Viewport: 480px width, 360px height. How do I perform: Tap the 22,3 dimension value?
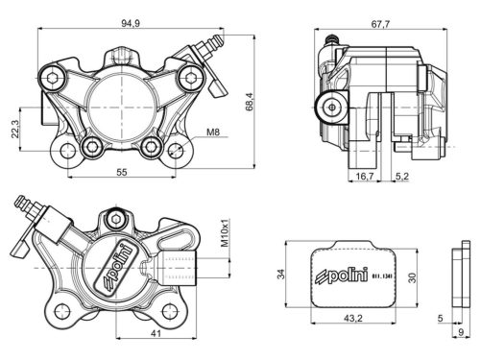point(13,129)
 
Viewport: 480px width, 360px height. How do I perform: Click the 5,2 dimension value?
point(404,177)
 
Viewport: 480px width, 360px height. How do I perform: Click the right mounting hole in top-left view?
point(151,148)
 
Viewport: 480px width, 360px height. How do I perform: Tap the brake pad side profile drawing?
point(458,277)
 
